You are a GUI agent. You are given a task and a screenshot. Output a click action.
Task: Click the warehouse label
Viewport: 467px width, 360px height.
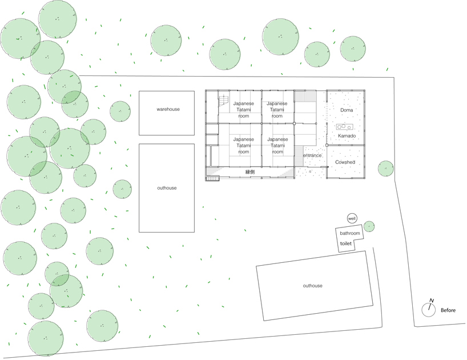click(168, 109)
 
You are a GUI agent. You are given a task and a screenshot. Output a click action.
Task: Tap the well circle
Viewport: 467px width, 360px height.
click(352, 219)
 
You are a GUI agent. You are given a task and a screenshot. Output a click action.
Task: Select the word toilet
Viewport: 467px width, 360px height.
click(345, 243)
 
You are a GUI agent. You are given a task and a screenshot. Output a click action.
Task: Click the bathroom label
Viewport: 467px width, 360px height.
click(350, 234)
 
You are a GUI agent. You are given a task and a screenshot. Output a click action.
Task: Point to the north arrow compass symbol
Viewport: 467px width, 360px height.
click(428, 309)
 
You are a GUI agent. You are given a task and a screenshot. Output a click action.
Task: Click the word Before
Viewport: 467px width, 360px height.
click(448, 311)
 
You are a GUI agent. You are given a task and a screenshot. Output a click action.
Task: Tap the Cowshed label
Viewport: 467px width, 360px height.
click(345, 162)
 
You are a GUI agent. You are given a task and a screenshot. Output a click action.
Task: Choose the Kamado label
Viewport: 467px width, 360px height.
click(347, 136)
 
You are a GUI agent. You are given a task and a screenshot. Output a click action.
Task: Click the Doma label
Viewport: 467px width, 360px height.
click(347, 110)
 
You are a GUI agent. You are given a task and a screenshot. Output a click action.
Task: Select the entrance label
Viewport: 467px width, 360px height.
click(312, 155)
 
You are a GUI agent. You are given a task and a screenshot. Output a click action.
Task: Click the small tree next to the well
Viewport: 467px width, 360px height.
click(369, 227)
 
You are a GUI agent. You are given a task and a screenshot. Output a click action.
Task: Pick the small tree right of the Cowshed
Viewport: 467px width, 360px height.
click(385, 169)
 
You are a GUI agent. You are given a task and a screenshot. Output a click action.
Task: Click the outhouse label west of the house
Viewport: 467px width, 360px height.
click(167, 188)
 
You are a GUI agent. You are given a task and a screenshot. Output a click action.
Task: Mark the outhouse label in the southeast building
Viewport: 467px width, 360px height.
click(313, 286)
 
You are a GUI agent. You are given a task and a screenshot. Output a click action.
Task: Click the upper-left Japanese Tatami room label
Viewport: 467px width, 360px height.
click(244, 110)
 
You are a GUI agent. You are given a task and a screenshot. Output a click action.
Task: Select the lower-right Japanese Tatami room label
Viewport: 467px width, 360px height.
click(277, 145)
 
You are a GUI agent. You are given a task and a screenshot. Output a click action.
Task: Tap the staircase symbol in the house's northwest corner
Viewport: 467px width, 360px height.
click(223, 101)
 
